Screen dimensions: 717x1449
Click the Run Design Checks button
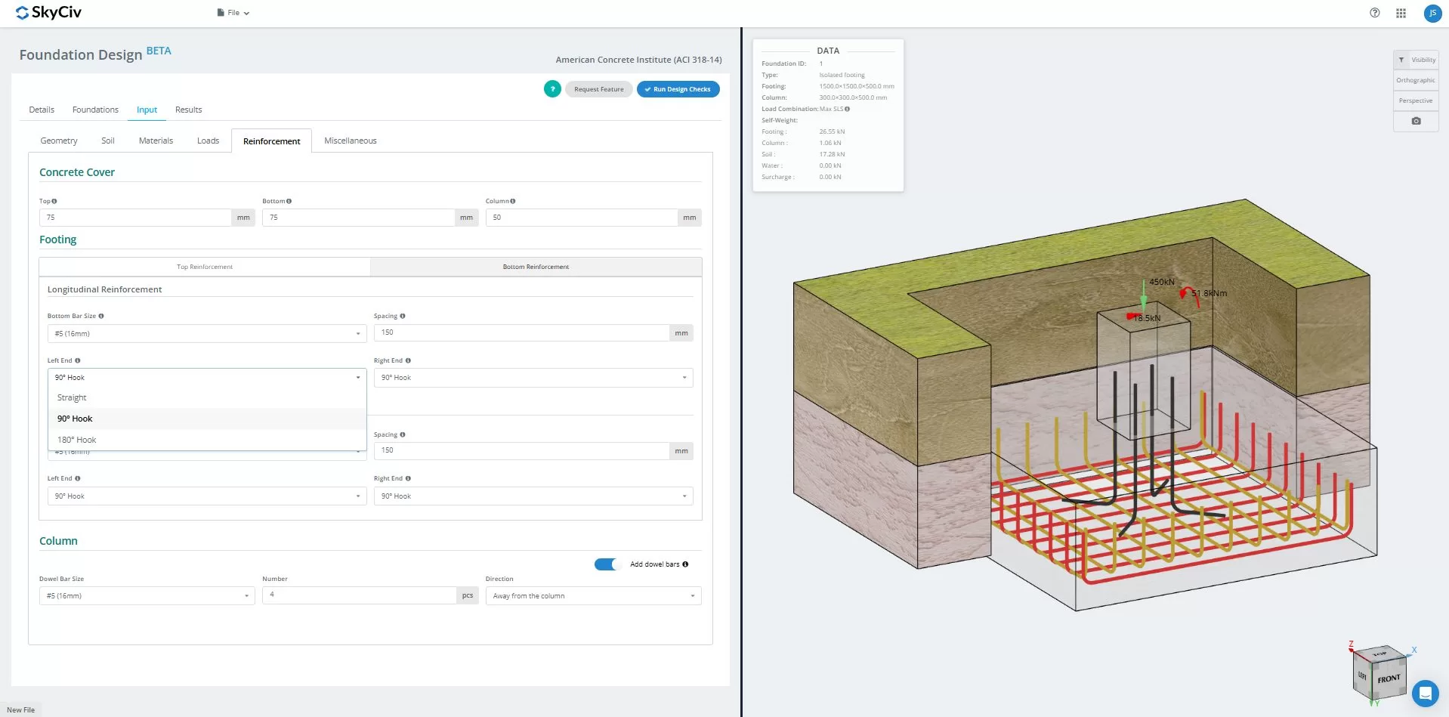point(678,89)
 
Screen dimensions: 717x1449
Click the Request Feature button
point(598,89)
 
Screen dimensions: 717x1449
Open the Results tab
point(188,110)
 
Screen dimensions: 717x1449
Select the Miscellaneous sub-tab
point(350,141)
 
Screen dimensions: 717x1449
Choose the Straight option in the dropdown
point(72,397)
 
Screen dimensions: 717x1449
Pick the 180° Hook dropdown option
point(76,440)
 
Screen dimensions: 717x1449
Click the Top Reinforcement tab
point(205,267)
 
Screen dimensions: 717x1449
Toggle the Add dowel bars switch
point(606,564)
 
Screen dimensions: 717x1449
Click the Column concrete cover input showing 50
point(581,218)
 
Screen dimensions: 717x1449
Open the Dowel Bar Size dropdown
point(147,596)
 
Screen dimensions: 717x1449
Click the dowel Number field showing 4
point(359,595)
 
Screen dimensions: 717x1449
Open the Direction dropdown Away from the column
point(593,596)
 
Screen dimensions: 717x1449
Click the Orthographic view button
point(1415,80)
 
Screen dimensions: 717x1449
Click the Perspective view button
point(1415,100)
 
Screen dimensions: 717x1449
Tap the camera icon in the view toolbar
point(1416,121)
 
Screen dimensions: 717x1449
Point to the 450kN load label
point(1161,282)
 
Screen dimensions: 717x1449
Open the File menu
point(233,13)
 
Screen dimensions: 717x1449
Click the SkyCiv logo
point(48,13)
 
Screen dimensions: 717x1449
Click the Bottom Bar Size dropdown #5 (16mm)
point(206,333)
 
